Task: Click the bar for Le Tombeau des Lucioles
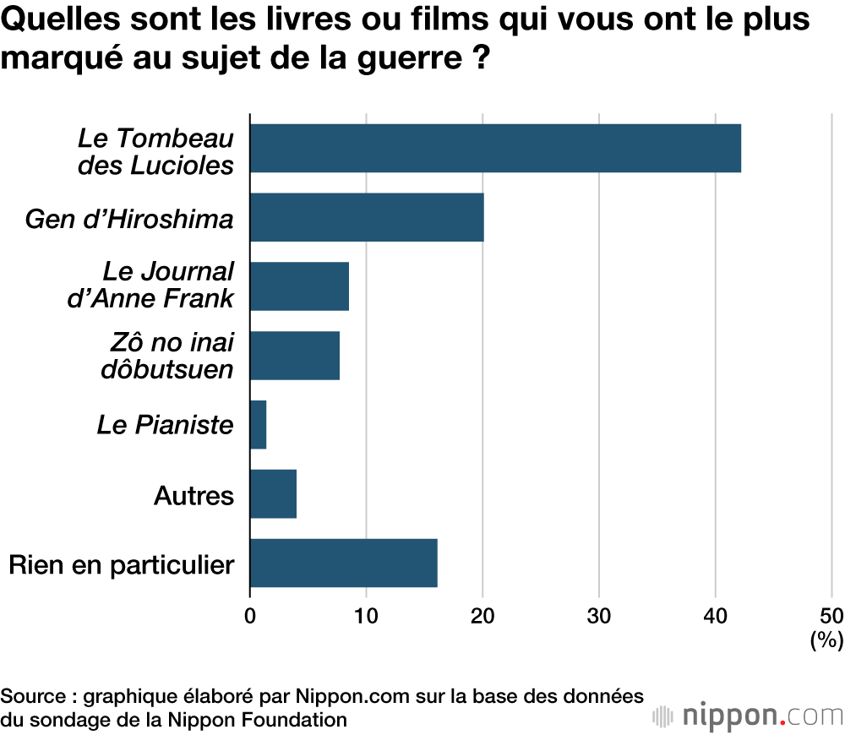coord(495,148)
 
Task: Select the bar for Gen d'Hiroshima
coord(367,217)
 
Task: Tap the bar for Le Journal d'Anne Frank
coord(300,286)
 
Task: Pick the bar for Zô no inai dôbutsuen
coord(295,356)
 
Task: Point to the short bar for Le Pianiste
coord(259,424)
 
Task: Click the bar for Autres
coord(274,493)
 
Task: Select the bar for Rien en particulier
coord(344,563)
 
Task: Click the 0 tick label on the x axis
coord(250,616)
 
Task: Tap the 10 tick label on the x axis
coord(366,616)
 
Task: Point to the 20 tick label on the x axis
coord(482,616)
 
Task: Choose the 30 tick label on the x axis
coord(599,616)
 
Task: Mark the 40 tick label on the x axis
coord(715,616)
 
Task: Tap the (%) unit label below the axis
coord(826,640)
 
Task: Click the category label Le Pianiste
coord(165,424)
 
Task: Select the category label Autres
coord(194,494)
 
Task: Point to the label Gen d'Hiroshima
coord(129,219)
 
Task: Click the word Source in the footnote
coord(33,697)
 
